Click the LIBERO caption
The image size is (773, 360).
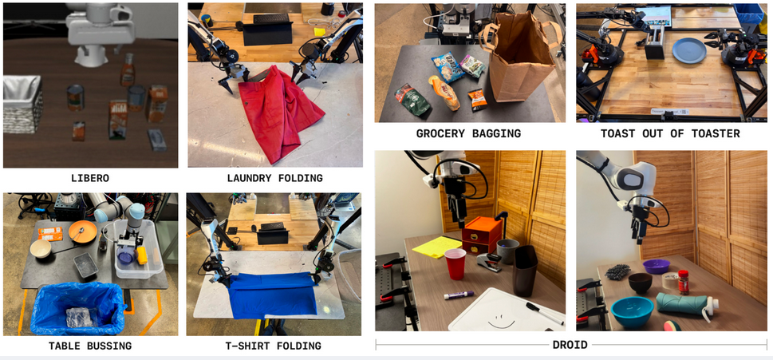click(90, 178)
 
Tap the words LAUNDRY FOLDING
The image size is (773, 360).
click(274, 178)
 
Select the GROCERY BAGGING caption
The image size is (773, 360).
click(468, 133)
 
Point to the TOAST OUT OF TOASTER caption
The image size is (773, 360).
click(670, 133)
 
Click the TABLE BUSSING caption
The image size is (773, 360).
click(90, 346)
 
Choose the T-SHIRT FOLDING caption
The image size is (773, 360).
click(274, 346)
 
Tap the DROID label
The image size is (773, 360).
click(570, 344)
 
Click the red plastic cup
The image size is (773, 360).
click(455, 264)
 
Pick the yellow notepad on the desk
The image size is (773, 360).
click(436, 246)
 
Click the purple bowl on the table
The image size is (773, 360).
click(657, 266)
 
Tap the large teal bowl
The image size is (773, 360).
click(633, 312)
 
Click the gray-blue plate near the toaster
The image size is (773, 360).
click(688, 50)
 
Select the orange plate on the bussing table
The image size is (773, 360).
click(82, 231)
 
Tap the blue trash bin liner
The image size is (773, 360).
click(77, 308)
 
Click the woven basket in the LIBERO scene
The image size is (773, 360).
click(22, 104)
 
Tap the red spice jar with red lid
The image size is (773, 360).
click(684, 282)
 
